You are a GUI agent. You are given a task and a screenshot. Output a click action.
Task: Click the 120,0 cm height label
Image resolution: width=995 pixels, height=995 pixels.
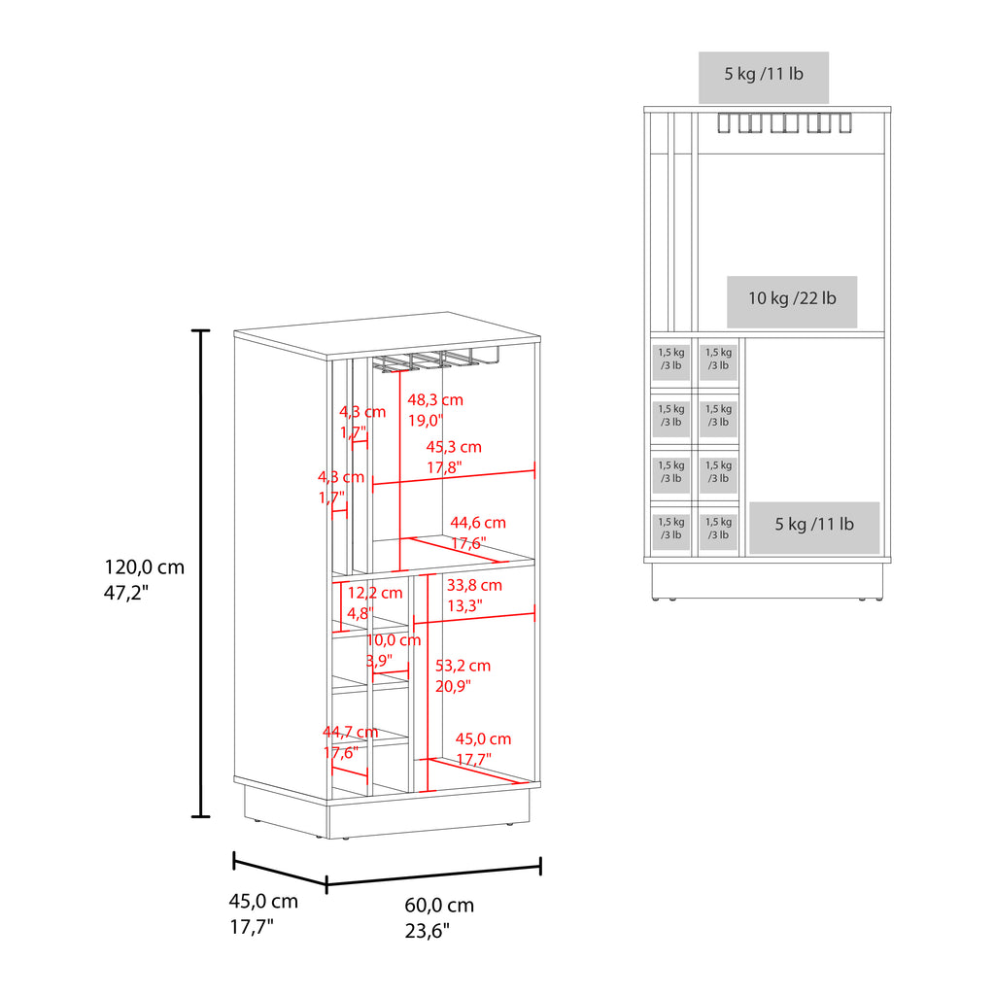pyautogui.click(x=144, y=566)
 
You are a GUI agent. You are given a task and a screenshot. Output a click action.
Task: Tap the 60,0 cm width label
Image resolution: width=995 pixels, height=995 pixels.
pyautogui.click(x=439, y=905)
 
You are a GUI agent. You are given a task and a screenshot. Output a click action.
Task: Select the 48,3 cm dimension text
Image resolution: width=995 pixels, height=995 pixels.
pyautogui.click(x=435, y=399)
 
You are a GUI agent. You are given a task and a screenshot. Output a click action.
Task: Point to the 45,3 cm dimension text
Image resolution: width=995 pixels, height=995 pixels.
pyautogui.click(x=454, y=447)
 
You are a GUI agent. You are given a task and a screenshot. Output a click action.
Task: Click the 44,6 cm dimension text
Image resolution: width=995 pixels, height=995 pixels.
pyautogui.click(x=478, y=522)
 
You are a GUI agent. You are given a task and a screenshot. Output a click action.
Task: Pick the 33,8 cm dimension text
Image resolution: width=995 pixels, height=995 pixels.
pyautogui.click(x=474, y=585)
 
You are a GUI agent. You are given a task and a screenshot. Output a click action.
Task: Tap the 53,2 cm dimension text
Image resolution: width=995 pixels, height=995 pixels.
pyautogui.click(x=463, y=666)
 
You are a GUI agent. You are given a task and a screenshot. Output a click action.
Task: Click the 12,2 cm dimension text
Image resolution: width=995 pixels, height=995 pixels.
pyautogui.click(x=374, y=593)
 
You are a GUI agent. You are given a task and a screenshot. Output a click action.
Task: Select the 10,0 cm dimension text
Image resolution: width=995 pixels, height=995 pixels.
pyautogui.click(x=394, y=640)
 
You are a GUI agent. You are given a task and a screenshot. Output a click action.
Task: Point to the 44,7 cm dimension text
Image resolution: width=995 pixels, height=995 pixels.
pyautogui.click(x=350, y=732)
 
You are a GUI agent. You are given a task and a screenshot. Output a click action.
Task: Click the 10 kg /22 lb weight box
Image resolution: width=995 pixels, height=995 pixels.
pyautogui.click(x=792, y=301)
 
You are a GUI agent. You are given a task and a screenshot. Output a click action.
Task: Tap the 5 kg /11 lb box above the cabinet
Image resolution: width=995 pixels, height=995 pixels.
pyautogui.click(x=764, y=78)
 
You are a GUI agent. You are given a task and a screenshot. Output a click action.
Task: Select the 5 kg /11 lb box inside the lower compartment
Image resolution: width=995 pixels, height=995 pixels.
pyautogui.click(x=814, y=528)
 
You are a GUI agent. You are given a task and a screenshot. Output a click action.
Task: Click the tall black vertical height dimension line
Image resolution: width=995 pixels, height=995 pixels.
pyautogui.click(x=200, y=573)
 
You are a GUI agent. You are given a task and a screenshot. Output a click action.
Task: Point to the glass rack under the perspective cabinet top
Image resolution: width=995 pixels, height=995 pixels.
pyautogui.click(x=435, y=359)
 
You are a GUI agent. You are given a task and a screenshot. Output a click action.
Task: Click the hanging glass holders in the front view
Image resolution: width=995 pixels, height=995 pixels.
pyautogui.click(x=784, y=123)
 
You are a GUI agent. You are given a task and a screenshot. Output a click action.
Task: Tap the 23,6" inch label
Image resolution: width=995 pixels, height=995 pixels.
pyautogui.click(x=428, y=931)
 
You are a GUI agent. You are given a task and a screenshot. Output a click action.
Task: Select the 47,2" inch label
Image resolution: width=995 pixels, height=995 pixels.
pyautogui.click(x=126, y=592)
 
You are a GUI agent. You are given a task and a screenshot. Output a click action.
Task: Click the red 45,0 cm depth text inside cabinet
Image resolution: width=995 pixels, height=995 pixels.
pyautogui.click(x=483, y=738)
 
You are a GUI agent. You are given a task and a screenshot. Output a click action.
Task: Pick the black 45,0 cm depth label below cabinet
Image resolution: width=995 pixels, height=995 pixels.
pyautogui.click(x=263, y=901)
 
